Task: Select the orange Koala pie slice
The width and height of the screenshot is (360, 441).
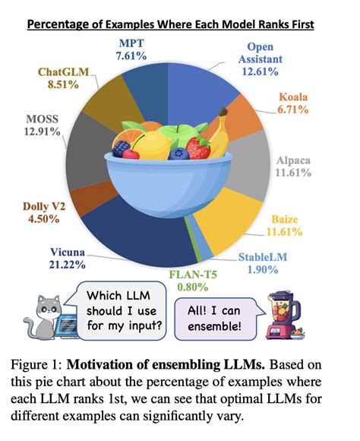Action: click(x=248, y=117)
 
